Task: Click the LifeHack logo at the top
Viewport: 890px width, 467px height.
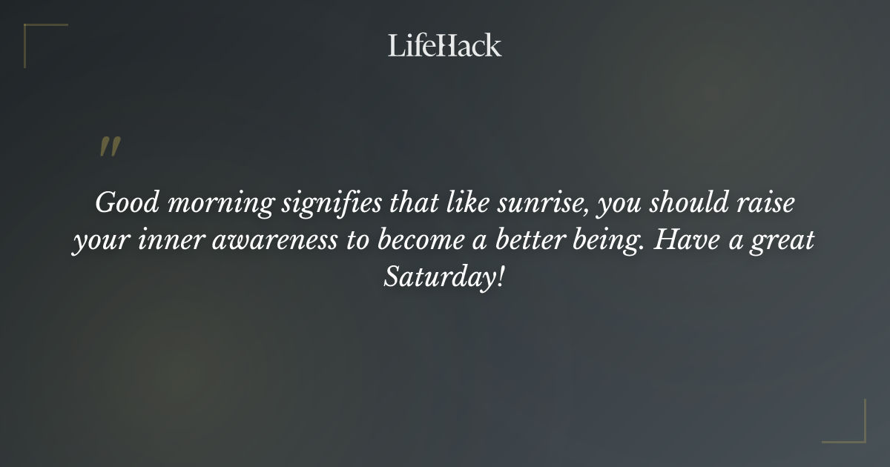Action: [445, 45]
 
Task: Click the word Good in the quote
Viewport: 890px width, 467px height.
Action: [122, 202]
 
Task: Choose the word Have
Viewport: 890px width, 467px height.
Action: [690, 240]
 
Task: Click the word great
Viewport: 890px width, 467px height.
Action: [786, 242]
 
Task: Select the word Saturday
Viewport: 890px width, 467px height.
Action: [439, 279]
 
